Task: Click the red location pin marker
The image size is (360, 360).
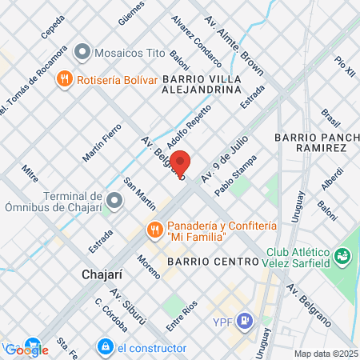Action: pos(181,162)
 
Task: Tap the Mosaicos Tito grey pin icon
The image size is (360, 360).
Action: pos(82,53)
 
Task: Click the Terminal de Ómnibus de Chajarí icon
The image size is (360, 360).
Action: pos(114,200)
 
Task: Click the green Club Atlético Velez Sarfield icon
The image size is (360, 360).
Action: pos(342,257)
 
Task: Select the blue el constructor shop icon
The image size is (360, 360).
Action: pos(104,346)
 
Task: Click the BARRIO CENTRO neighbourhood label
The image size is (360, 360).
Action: pos(212,262)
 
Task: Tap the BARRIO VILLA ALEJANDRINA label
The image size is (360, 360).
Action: pos(202,85)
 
